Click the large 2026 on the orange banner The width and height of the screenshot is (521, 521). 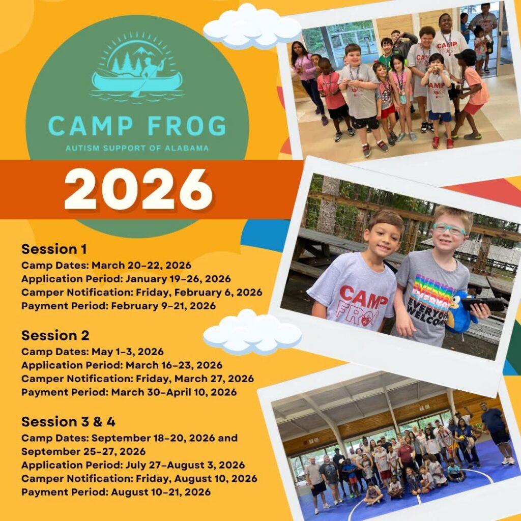[x=138, y=189]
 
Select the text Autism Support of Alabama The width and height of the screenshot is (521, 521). [x=137, y=148]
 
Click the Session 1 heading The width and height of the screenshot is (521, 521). [x=54, y=249]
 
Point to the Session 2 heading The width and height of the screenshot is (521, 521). [x=55, y=335]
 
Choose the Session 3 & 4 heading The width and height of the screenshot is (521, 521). [x=68, y=422]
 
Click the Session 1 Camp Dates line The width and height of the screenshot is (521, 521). [x=106, y=265]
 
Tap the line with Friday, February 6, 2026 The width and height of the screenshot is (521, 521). [x=142, y=293]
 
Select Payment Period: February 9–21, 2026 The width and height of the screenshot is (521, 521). [x=119, y=306]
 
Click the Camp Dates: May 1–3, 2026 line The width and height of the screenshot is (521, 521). [x=93, y=352]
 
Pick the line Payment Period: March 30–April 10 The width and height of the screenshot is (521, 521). [x=129, y=392]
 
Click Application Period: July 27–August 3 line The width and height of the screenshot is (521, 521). [x=133, y=465]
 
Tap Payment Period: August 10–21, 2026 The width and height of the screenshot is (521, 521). [x=116, y=492]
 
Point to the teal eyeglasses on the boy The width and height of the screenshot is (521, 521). [x=449, y=229]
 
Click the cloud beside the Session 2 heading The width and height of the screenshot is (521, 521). [x=252, y=332]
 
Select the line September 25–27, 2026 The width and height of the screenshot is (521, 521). [x=83, y=452]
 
